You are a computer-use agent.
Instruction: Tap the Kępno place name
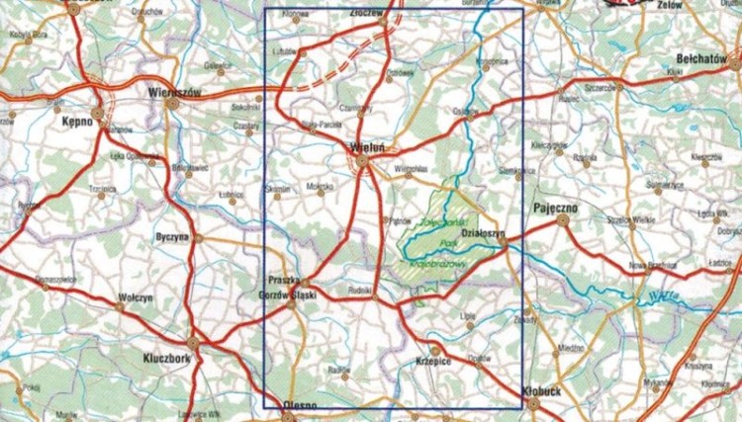pos(76,120)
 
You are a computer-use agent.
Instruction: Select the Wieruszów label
pos(173,91)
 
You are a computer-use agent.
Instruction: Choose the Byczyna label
pos(172,237)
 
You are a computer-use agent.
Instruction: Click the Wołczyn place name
pos(135,295)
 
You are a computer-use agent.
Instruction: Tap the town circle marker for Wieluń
pos(362,160)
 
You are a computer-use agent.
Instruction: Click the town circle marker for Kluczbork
pos(195,343)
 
